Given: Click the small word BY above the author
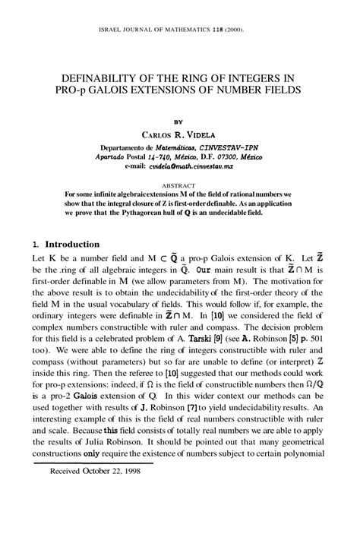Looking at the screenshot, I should pyautogui.click(x=179, y=119).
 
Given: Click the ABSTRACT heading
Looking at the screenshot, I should pyautogui.click(x=179, y=185).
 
